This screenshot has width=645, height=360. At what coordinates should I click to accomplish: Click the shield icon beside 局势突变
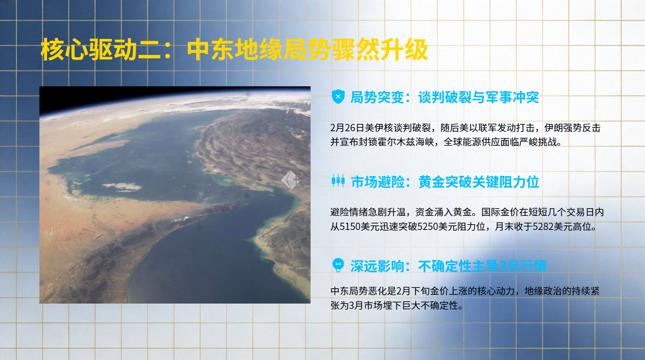(338, 96)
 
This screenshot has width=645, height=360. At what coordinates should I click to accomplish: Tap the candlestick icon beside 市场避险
(338, 181)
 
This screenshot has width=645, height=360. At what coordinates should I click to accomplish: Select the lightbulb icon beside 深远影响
(338, 265)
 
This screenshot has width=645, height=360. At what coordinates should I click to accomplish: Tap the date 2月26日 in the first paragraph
(347, 128)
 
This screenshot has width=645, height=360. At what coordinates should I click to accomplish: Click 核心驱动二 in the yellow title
(88, 50)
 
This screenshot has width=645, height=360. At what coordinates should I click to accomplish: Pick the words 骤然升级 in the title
(380, 50)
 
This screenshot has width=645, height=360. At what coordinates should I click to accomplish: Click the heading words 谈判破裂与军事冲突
(478, 97)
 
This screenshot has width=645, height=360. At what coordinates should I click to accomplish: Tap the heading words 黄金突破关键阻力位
(478, 182)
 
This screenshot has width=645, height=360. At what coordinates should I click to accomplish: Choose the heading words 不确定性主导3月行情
(482, 266)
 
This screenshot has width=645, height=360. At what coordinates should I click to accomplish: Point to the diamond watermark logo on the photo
(290, 180)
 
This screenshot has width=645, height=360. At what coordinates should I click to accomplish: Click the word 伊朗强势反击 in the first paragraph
(573, 128)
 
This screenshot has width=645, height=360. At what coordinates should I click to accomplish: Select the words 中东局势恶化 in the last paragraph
(358, 291)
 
